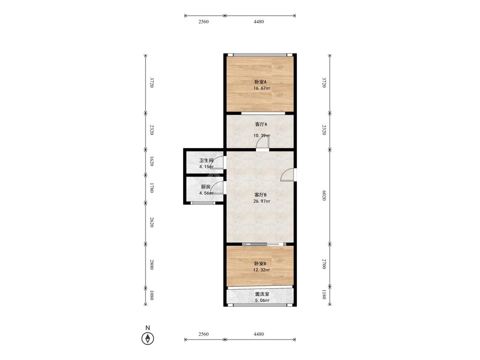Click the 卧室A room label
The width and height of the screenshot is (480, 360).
coord(260,82)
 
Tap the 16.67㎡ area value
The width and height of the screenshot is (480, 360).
coord(262,88)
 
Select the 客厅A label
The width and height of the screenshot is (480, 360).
coord(261,125)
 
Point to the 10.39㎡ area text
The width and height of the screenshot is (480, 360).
coord(262,136)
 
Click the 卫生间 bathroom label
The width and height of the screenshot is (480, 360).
coord(206,161)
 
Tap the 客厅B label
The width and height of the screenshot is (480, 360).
coord(261,195)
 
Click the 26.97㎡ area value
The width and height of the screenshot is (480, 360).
coord(262,201)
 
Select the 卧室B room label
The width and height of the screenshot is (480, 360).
coord(260,264)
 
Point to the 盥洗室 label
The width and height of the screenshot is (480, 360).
coord(261,294)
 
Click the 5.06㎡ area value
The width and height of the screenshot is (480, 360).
coord(262,300)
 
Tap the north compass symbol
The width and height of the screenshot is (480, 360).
coord(148,339)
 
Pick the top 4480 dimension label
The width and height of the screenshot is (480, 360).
coord(259,22)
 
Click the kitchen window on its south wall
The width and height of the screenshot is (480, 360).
coord(203,203)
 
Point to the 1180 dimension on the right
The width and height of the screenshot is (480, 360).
coord(324,294)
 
